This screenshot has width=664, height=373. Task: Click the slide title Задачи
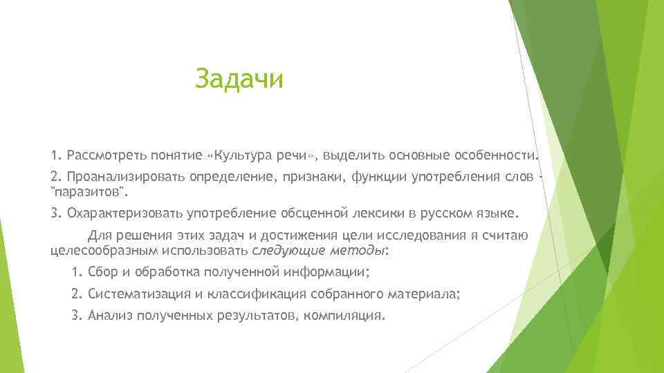(x=239, y=79)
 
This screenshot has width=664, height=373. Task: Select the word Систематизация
(x=140, y=293)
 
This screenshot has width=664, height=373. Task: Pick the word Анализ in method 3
(x=111, y=315)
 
